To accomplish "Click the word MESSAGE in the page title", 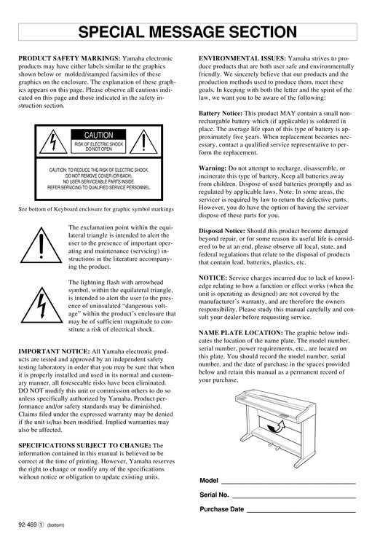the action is pos(187,32).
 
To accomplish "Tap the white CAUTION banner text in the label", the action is pos(98,135).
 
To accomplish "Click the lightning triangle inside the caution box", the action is pos(53,141).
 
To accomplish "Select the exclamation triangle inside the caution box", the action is pos(143,141).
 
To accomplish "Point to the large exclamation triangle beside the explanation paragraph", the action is pos(41,245).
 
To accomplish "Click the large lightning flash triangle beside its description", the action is pos(41,305).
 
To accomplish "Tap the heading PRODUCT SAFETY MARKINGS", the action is pos(69,58).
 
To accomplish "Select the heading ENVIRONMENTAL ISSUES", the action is pos(242,58).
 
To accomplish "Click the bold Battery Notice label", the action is pos(221,114).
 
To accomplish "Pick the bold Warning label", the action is pos(213,168).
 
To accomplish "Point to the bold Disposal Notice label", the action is pos(222,231).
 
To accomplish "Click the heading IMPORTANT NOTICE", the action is pos(55,351).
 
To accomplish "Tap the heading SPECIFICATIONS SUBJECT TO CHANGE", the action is pos(85,446).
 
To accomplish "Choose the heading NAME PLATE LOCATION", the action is pos(241,332).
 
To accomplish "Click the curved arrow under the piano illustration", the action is pos(277,427).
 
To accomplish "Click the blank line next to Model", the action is pos(288,484).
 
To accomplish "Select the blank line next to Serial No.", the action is pos(293,498).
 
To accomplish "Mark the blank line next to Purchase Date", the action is pos(301,512).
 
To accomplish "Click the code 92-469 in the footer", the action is pos(28,525).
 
